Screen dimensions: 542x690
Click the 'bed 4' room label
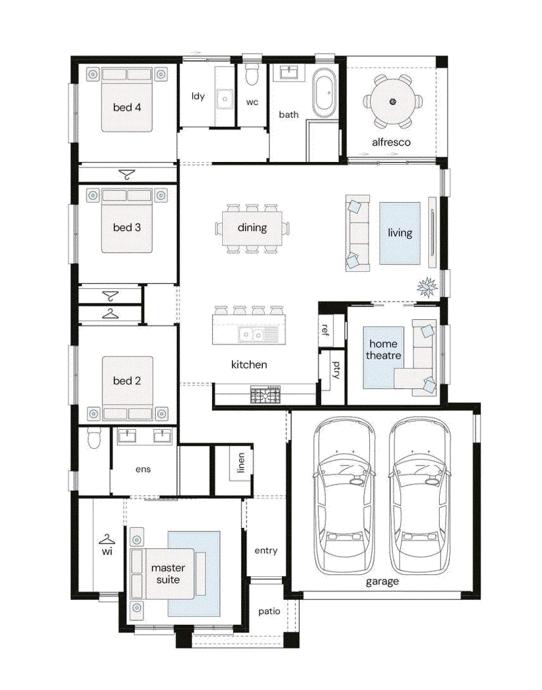[127, 107]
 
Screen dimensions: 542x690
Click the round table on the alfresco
[392, 101]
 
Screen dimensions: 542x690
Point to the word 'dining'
[252, 228]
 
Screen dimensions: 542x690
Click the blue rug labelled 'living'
[400, 233]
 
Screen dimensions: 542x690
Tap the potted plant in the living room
[428, 287]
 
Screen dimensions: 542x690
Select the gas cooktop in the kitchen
[266, 394]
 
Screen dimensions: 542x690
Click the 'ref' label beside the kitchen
[325, 329]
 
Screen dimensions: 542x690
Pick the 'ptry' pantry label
[336, 369]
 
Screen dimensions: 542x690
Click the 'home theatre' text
[383, 349]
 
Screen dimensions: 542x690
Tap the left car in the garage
[344, 495]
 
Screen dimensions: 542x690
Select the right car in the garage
[419, 495]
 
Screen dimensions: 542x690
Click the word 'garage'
[382, 582]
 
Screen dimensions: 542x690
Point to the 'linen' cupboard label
[241, 463]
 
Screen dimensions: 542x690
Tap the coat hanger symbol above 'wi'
[107, 539]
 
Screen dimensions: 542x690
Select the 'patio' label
[269, 611]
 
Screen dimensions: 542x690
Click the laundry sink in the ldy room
[224, 99]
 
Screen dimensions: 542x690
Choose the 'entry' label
[266, 551]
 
